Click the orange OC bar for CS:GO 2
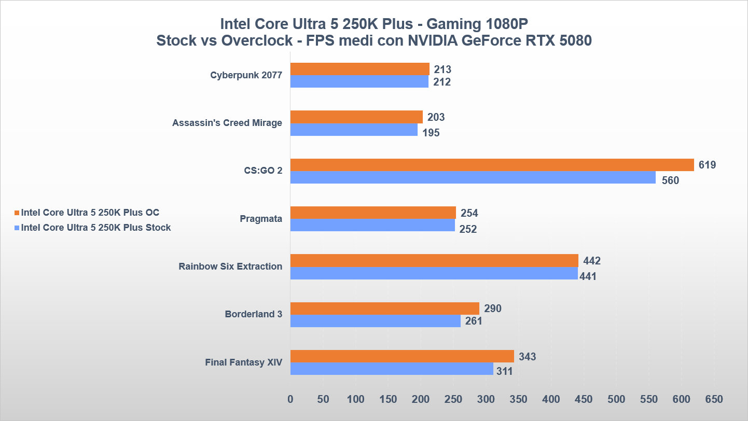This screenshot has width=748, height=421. coord(492,165)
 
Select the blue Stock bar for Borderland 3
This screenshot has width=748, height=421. coord(375,321)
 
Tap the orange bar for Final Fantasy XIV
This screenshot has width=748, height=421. coord(402,356)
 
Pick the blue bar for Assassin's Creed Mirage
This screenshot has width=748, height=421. coord(354,130)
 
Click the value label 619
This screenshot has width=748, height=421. coord(707,165)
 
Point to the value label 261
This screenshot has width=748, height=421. coord(473,321)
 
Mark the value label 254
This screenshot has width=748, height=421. coord(469,213)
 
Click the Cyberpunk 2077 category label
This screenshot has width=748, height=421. coord(246,75)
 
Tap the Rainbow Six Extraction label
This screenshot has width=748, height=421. coord(230,266)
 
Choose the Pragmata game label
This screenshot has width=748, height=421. coord(261,219)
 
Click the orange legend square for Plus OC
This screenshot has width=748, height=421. coord(17,213)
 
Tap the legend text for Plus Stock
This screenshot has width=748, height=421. coord(96,228)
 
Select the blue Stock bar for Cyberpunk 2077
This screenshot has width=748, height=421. coord(359,82)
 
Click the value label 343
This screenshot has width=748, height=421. coord(527,357)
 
